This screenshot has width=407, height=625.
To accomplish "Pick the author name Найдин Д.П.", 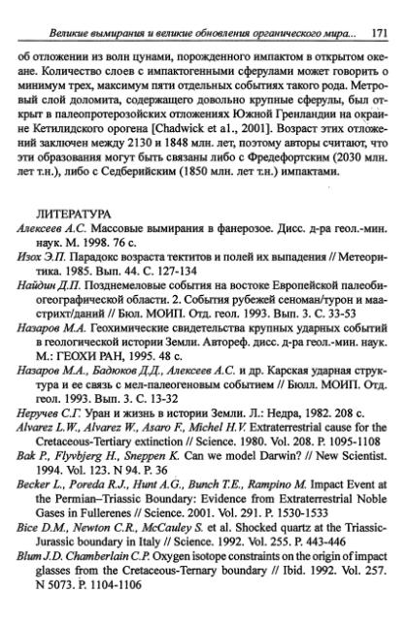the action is pos(45,303).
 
